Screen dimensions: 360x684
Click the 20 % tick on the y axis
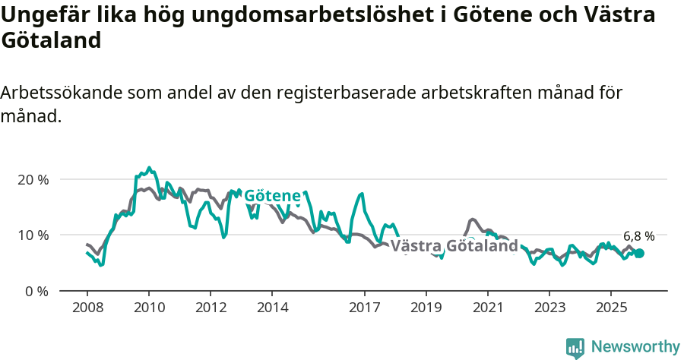pyautogui.click(x=32, y=180)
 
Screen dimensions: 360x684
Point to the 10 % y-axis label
pyautogui.click(x=32, y=235)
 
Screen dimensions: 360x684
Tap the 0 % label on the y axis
pyautogui.click(x=35, y=291)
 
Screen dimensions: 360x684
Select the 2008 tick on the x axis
pyautogui.click(x=87, y=308)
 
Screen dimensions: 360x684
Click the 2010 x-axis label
pyautogui.click(x=148, y=308)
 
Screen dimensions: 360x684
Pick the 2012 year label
pyautogui.click(x=211, y=308)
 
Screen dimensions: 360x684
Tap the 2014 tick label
pyautogui.click(x=272, y=308)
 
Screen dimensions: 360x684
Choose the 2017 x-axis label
pyautogui.click(x=365, y=308)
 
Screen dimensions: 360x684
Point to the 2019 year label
pyautogui.click(x=426, y=308)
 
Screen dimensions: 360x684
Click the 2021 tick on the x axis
pyautogui.click(x=488, y=308)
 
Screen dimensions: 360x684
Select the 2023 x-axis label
pyautogui.click(x=549, y=308)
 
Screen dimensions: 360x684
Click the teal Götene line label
pyautogui.click(x=272, y=197)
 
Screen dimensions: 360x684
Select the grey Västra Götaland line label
pyautogui.click(x=454, y=246)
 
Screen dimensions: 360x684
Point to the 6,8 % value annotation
pyautogui.click(x=638, y=236)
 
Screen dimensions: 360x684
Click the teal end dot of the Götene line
pyautogui.click(x=639, y=253)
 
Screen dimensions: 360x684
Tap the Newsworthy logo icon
pyautogui.click(x=575, y=348)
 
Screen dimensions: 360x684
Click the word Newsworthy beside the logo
pyautogui.click(x=635, y=347)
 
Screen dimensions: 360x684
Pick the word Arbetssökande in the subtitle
pyautogui.click(x=62, y=93)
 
